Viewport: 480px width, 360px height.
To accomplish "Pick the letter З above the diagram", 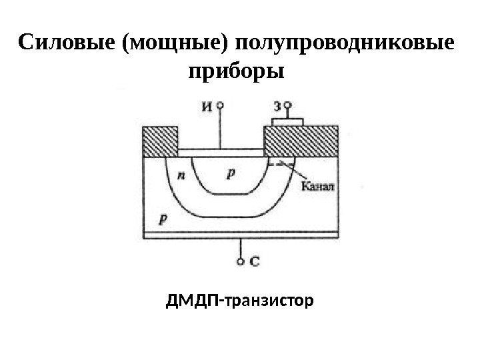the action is coord(277,105).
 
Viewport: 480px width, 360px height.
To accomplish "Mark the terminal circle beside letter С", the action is coord(241,261).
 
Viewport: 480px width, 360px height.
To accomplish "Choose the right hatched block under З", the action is coord(301,142).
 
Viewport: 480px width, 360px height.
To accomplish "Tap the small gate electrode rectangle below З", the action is coord(288,122).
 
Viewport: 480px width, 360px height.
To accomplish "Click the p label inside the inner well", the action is coord(231,173).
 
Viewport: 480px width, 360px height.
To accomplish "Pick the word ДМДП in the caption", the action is coord(193,303).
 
